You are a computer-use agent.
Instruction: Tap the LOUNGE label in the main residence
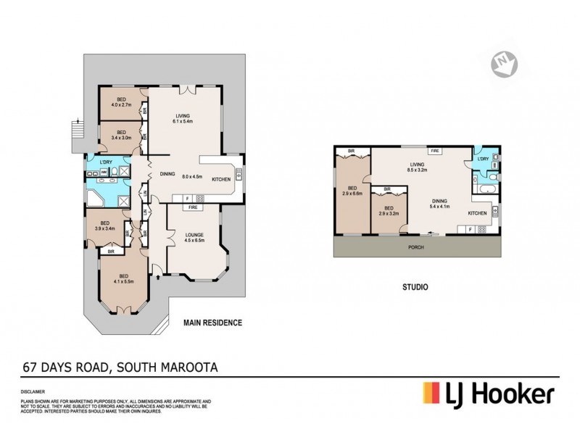[193, 238]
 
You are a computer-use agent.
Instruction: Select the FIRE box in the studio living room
[435, 151]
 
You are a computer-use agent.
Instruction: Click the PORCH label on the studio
[416, 246]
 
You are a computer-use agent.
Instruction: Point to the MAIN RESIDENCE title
[212, 322]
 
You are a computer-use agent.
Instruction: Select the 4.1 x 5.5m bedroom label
[123, 279]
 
